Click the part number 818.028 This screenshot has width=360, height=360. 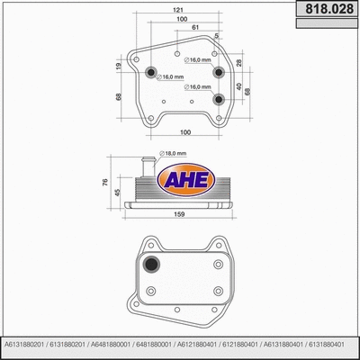[326, 8]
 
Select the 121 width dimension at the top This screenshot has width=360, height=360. [181, 9]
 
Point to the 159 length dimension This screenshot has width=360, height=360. [181, 214]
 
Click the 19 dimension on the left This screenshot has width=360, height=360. [118, 66]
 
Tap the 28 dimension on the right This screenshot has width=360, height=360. [239, 62]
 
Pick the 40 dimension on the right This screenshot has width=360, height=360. [239, 87]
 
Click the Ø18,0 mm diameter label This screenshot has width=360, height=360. [171, 154]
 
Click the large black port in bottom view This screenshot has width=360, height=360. [153, 265]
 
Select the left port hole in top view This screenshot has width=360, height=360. [151, 73]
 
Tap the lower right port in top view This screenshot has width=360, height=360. [217, 99]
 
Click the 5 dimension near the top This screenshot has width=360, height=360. [216, 36]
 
